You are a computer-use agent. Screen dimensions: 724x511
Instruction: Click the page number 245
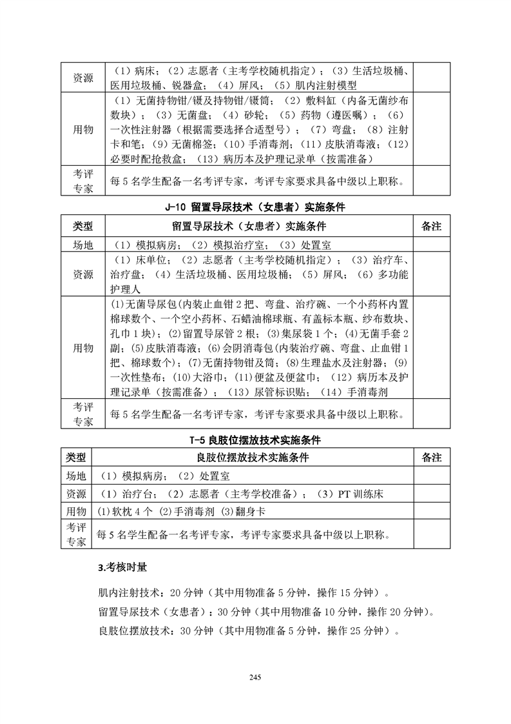coord(255,676)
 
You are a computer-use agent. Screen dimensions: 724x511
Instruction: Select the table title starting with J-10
coord(256,208)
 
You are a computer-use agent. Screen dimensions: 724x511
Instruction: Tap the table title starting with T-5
coord(256,441)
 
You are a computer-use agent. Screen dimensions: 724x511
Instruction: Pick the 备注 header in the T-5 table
coord(430,458)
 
